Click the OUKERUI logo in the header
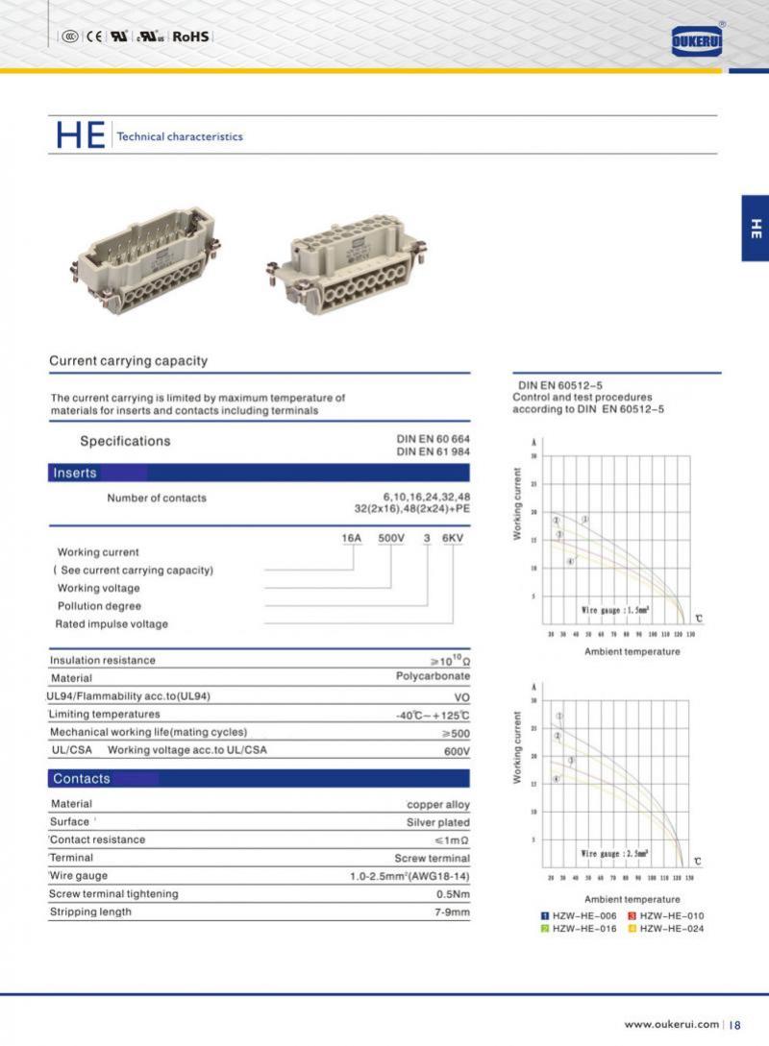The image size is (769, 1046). (x=697, y=40)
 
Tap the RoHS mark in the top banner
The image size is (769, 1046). (x=190, y=36)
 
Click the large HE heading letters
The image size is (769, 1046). (x=80, y=135)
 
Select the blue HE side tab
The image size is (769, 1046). (x=755, y=228)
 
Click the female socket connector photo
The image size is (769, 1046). (x=344, y=260)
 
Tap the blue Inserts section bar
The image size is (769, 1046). (x=260, y=473)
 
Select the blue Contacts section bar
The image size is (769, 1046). (x=260, y=778)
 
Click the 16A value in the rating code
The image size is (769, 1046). (x=352, y=539)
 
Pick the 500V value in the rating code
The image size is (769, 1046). (x=391, y=539)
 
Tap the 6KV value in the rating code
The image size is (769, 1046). (x=453, y=539)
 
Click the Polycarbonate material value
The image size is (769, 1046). (x=433, y=676)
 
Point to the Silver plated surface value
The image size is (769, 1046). (x=438, y=822)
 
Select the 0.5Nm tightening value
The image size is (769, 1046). (x=452, y=893)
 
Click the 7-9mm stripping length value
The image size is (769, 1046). (x=451, y=912)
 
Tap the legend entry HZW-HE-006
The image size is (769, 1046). (x=578, y=916)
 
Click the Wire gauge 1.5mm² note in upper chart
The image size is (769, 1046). (x=616, y=610)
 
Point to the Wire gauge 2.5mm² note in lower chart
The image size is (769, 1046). (x=616, y=853)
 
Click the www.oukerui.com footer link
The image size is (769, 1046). (x=672, y=1024)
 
